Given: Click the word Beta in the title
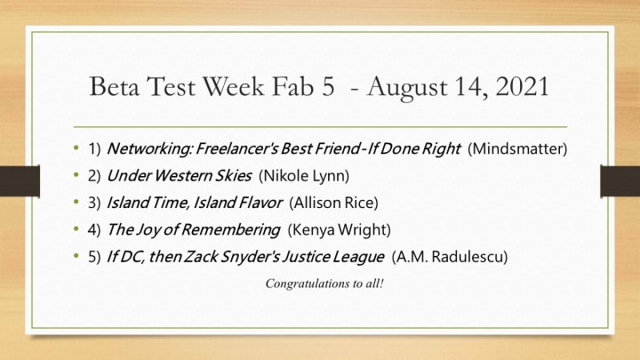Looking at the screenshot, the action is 115,86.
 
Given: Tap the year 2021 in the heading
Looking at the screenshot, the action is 522,86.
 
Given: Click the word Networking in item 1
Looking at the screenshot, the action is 148,149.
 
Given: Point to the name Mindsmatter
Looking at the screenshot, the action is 517,148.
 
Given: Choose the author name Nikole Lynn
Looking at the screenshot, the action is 304,176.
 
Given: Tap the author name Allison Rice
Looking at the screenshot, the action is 333,203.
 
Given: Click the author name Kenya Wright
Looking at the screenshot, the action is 340,230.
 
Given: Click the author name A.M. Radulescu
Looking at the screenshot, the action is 450,257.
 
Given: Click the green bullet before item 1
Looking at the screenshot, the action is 76,148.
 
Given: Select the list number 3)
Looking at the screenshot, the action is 94,203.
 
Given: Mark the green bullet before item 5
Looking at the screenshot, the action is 76,256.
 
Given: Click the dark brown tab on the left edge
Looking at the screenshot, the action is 20,180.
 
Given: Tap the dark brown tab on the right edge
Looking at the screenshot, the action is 620,180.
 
